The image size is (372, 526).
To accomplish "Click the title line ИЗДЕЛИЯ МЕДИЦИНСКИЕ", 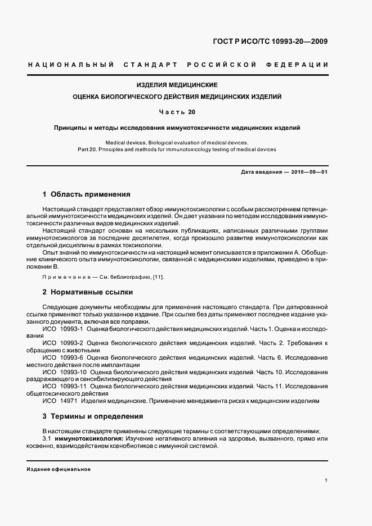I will (x=177, y=85).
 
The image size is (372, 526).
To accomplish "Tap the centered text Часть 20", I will (x=177, y=112).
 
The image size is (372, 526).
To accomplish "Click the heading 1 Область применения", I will (x=86, y=194).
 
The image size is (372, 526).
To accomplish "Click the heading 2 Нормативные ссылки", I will (x=87, y=292).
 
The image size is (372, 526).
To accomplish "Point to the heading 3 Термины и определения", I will (x=93, y=416).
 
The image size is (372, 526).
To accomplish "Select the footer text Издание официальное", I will (x=59, y=469).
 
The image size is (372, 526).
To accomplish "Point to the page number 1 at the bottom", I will (x=326, y=480).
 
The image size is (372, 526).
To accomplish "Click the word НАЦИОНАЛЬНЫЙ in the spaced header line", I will (x=70, y=65).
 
